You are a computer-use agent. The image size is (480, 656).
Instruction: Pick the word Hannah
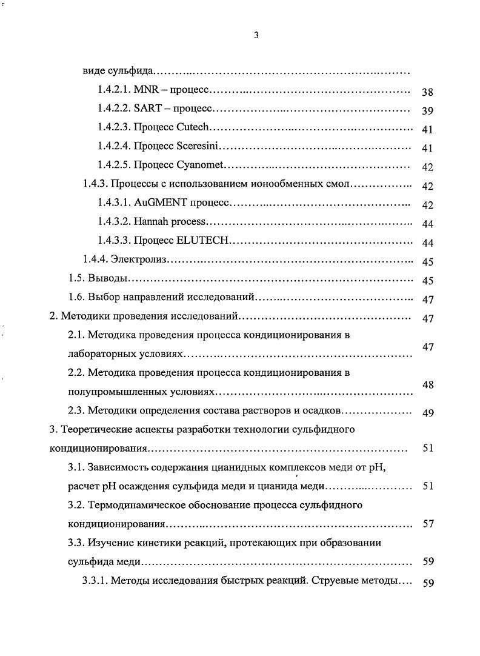[x=150, y=223]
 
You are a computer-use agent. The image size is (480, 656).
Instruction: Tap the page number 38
[x=427, y=93]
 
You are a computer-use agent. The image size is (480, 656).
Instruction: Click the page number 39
[x=427, y=111]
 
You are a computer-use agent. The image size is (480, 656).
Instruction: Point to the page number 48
[x=427, y=384]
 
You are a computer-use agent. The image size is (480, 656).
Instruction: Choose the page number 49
[x=427, y=413]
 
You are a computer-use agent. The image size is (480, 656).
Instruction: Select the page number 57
[x=428, y=524]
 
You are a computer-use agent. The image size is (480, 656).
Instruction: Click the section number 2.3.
[x=76, y=410]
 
